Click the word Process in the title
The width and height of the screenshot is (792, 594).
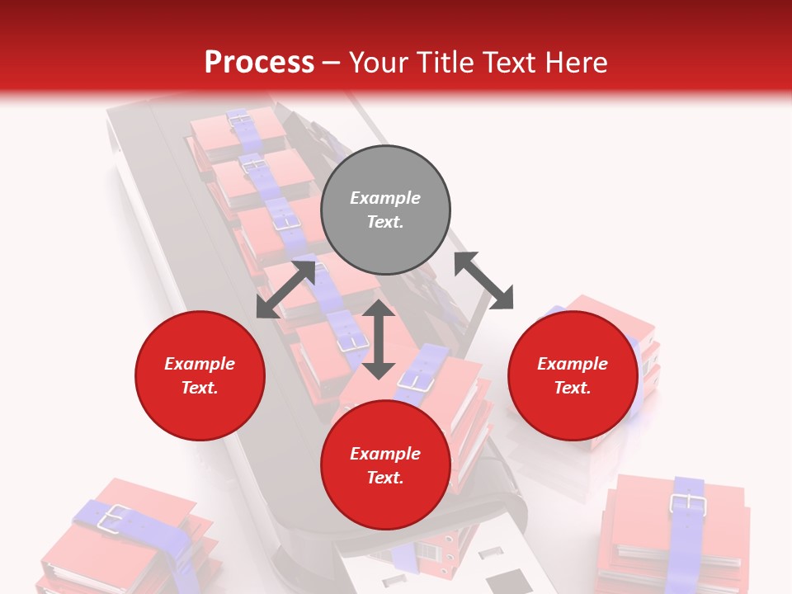click(259, 63)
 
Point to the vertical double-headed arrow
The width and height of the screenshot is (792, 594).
click(379, 339)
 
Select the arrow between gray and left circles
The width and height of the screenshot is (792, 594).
click(285, 290)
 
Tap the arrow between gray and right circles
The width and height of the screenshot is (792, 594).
click(484, 280)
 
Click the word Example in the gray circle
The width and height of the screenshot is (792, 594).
click(385, 198)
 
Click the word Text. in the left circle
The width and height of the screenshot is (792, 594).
click(200, 388)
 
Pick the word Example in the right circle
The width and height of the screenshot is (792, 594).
click(573, 364)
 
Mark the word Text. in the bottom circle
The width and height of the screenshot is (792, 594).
click(385, 478)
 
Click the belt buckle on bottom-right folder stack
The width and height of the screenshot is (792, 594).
click(686, 503)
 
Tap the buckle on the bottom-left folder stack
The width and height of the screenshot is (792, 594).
click(113, 517)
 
